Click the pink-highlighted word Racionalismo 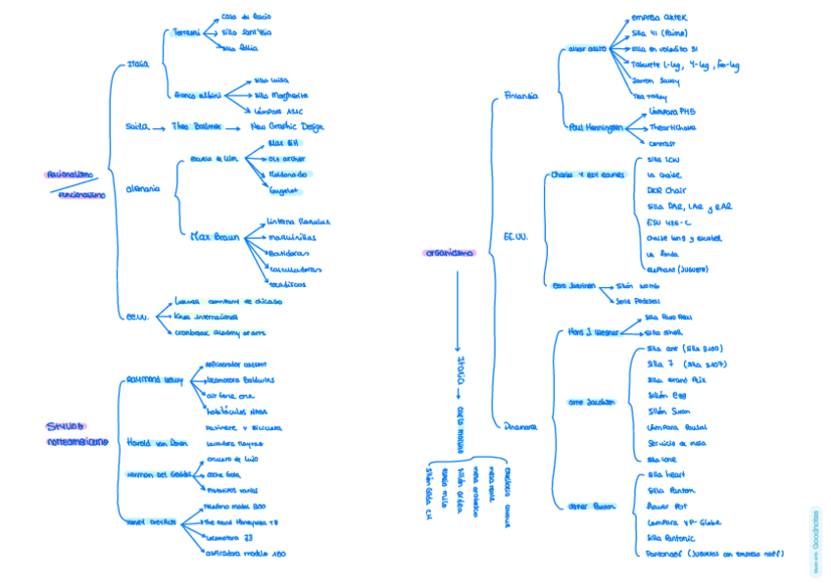(x=70, y=174)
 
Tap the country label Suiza (x=136, y=126)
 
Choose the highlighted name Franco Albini (x=197, y=95)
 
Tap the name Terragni (x=186, y=32)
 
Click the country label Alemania (x=143, y=188)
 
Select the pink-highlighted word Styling (x=66, y=425)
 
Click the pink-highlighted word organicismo (x=448, y=252)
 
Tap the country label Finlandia (x=520, y=96)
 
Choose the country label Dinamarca (x=521, y=426)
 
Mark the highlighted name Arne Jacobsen (x=591, y=401)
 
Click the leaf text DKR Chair (x=662, y=190)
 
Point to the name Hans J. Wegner (x=591, y=332)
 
